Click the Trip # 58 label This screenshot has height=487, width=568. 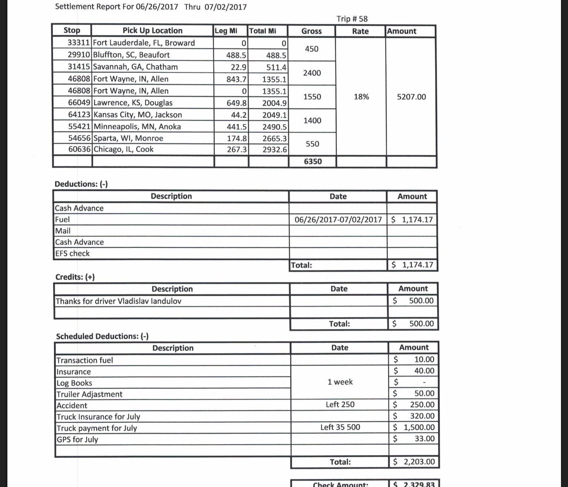(x=352, y=19)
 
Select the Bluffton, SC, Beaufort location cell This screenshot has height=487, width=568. (x=131, y=55)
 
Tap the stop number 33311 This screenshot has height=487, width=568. (x=79, y=43)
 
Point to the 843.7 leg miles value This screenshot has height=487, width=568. (x=236, y=79)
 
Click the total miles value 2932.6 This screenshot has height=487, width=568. (x=274, y=150)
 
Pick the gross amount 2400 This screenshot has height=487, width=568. (x=312, y=73)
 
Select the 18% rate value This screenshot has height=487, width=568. (x=361, y=97)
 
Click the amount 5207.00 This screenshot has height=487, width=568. (x=411, y=97)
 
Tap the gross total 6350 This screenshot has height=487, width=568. (x=312, y=161)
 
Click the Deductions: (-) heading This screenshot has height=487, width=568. (x=81, y=184)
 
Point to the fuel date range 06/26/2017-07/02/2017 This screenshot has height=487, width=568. (x=338, y=220)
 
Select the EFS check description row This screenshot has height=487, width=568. (x=72, y=253)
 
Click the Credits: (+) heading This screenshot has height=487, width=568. (x=75, y=277)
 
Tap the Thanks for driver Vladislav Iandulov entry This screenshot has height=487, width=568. (x=118, y=301)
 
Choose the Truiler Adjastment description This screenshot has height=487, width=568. (x=89, y=394)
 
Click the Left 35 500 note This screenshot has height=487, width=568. (x=340, y=427)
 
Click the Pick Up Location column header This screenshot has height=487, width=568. (x=152, y=31)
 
